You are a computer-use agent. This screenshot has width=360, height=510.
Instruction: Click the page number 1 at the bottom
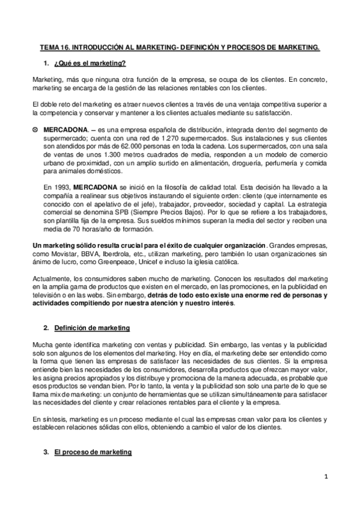point(325,478)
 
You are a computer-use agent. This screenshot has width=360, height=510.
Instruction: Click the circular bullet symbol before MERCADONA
point(35,130)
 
